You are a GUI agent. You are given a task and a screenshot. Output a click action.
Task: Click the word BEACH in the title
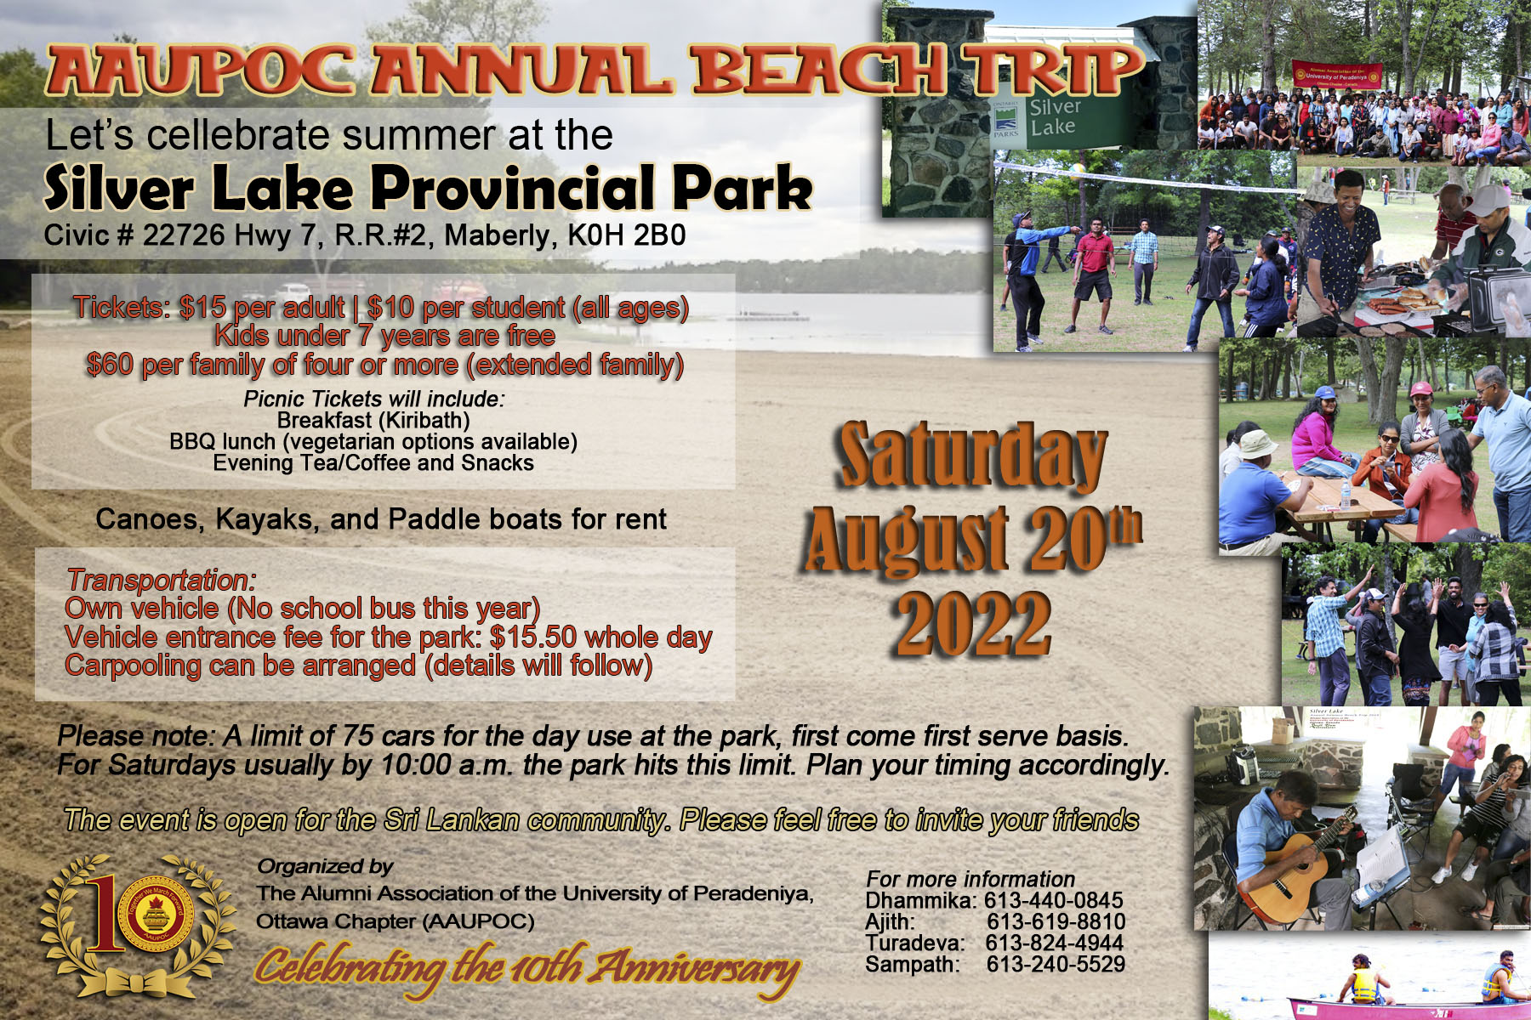click(817, 70)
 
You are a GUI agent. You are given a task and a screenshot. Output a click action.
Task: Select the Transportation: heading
click(161, 580)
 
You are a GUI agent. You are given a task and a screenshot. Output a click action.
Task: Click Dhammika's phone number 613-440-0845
click(1054, 900)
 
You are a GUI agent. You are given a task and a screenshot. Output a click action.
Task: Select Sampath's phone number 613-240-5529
click(1056, 964)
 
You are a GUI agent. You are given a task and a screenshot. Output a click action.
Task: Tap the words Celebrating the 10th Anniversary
click(526, 967)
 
